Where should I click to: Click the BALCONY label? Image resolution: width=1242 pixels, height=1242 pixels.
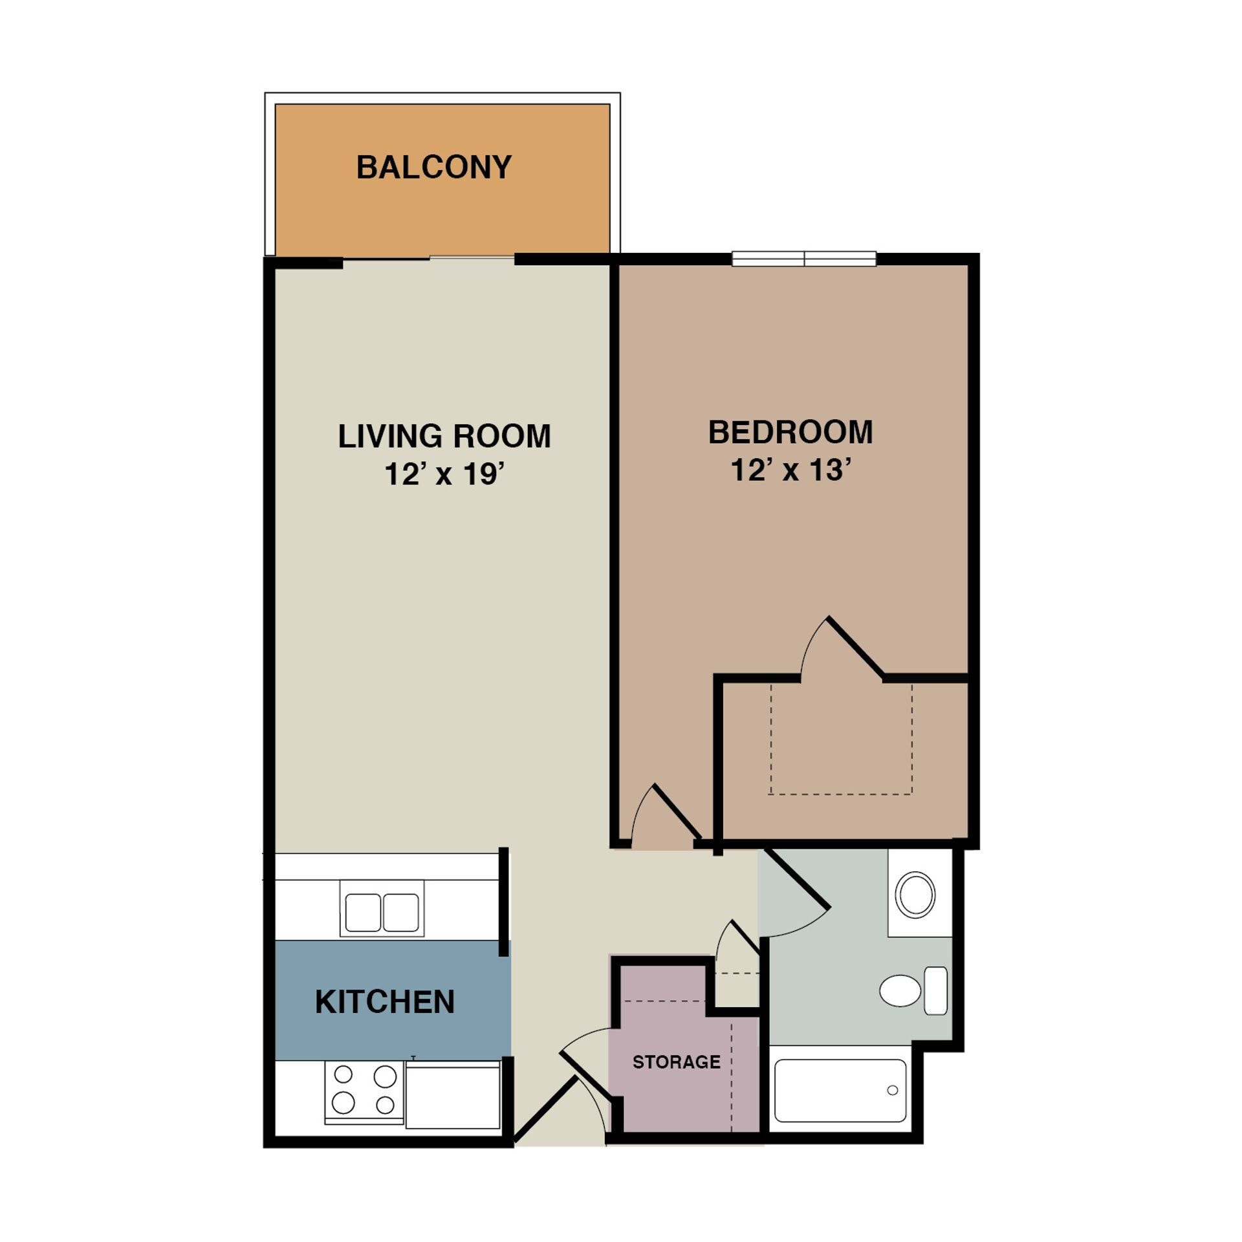(x=433, y=167)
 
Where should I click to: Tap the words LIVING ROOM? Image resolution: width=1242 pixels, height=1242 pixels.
(x=444, y=436)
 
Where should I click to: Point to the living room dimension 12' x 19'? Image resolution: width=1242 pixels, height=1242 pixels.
(x=444, y=474)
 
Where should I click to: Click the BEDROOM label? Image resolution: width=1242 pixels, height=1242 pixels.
(x=790, y=432)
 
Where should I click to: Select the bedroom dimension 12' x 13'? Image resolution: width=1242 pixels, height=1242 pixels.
(x=790, y=470)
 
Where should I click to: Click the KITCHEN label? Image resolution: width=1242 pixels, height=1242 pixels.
(x=385, y=1002)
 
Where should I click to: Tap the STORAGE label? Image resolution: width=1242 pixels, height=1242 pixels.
(x=676, y=1062)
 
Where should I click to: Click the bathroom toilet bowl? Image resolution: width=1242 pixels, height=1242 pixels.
(x=900, y=991)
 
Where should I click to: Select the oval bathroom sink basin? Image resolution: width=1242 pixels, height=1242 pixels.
(x=915, y=894)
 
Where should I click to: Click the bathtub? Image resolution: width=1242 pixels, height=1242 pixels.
(x=840, y=1091)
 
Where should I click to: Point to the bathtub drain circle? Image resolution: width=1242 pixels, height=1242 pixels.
(x=893, y=1091)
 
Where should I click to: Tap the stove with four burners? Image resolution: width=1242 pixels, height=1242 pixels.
(x=364, y=1090)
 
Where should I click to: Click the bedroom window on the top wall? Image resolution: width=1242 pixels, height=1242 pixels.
(x=804, y=259)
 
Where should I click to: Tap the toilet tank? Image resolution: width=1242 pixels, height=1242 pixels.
(x=936, y=991)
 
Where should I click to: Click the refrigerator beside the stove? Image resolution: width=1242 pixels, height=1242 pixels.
(x=453, y=1096)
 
